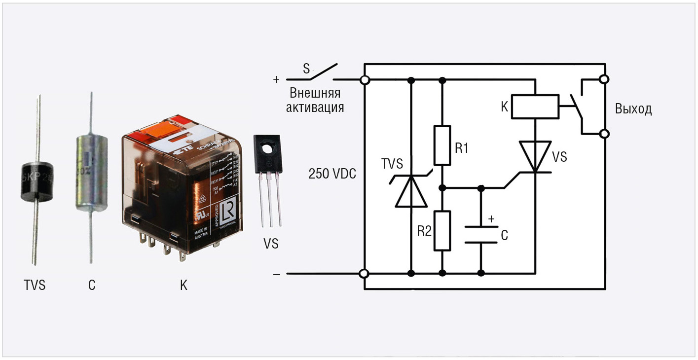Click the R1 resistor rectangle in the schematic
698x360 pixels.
point(442,145)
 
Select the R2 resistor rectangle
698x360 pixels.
point(442,230)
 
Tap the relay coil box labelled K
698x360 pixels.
point(535,106)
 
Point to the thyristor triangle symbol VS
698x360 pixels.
point(535,156)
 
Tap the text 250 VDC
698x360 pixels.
point(332,174)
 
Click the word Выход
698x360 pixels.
point(633,109)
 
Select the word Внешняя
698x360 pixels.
point(315,94)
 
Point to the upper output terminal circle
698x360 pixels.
point(604,79)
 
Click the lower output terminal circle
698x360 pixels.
point(604,134)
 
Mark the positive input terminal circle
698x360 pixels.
point(365,80)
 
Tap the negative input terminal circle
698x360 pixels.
point(365,274)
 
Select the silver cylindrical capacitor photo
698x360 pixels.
point(91,173)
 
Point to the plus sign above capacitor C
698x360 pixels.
point(490,218)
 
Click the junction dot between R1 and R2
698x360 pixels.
point(442,188)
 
